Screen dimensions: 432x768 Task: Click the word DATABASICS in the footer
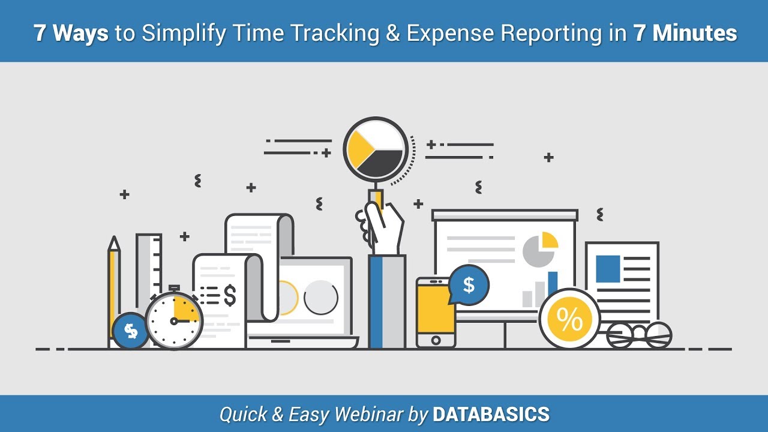tap(491, 414)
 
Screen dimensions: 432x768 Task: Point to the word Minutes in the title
tap(695, 33)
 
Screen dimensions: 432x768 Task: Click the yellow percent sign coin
tap(569, 320)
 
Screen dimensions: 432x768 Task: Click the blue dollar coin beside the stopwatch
tap(130, 331)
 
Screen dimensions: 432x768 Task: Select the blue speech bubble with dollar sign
tap(469, 285)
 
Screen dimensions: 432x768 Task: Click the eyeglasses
tap(639, 334)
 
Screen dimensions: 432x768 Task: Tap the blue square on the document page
tap(607, 268)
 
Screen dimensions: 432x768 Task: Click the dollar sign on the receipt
tap(229, 295)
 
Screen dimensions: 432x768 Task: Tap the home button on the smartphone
tap(436, 340)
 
